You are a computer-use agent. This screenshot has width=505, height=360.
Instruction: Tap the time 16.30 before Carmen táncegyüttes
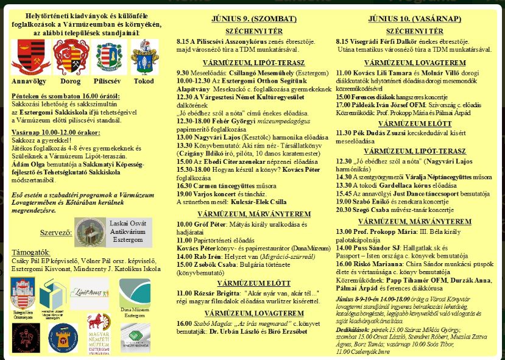tap(185, 185)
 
